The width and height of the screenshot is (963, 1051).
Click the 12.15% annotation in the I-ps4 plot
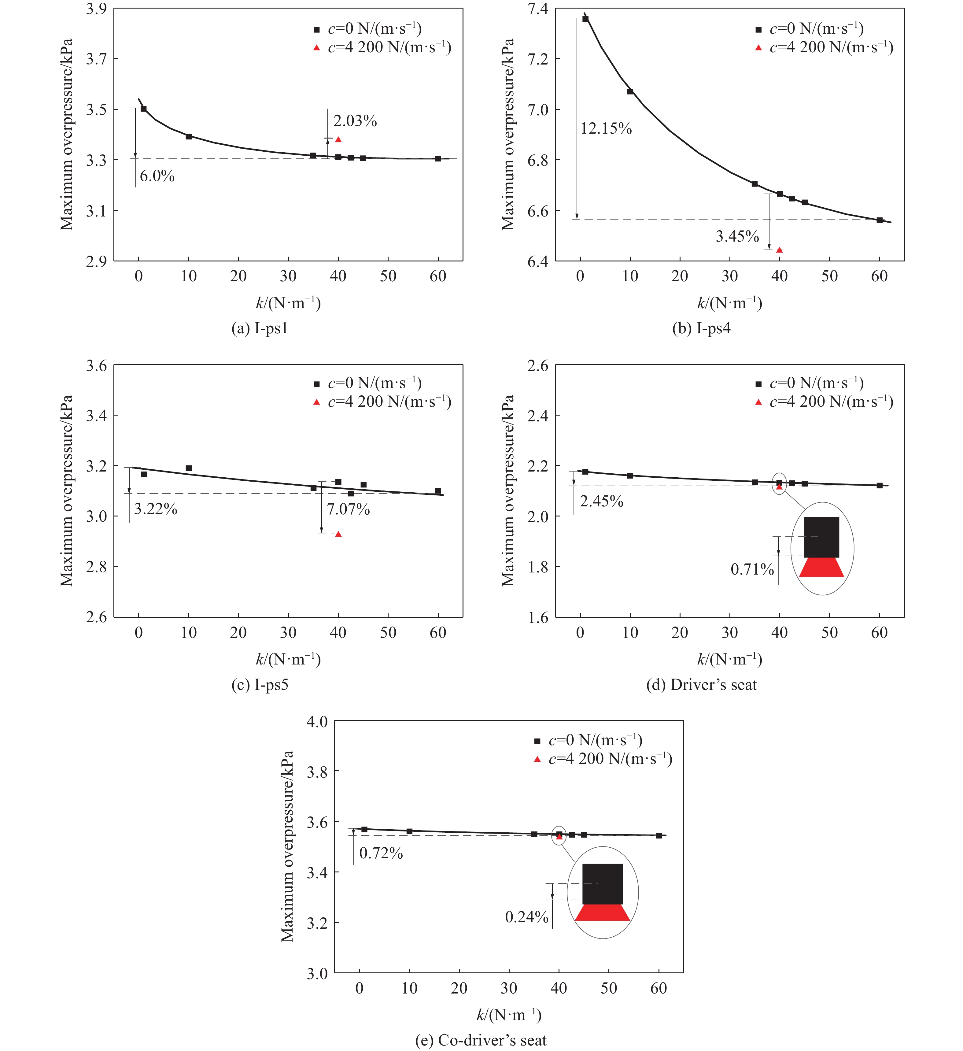pos(606,128)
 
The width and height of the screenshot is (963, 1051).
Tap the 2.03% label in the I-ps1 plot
pos(355,121)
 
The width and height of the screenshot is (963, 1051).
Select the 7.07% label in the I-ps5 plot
pos(348,509)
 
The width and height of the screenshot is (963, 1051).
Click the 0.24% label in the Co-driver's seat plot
pos(526,916)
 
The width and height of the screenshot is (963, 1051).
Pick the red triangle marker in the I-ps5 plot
pos(338,534)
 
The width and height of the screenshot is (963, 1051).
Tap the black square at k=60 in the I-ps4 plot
pos(880,220)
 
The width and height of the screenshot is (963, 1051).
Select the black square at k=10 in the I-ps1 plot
pos(189,137)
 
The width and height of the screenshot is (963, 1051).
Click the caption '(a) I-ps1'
pos(260,328)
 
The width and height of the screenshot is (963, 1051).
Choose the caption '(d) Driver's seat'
pos(701,684)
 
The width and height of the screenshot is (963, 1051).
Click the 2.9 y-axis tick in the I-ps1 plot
pos(96,261)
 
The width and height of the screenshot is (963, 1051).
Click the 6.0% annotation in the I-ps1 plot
pos(157,176)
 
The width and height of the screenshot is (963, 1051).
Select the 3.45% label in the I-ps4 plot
pos(737,237)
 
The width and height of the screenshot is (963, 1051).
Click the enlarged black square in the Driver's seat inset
pos(821,537)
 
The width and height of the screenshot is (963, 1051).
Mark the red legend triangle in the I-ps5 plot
pos(316,402)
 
